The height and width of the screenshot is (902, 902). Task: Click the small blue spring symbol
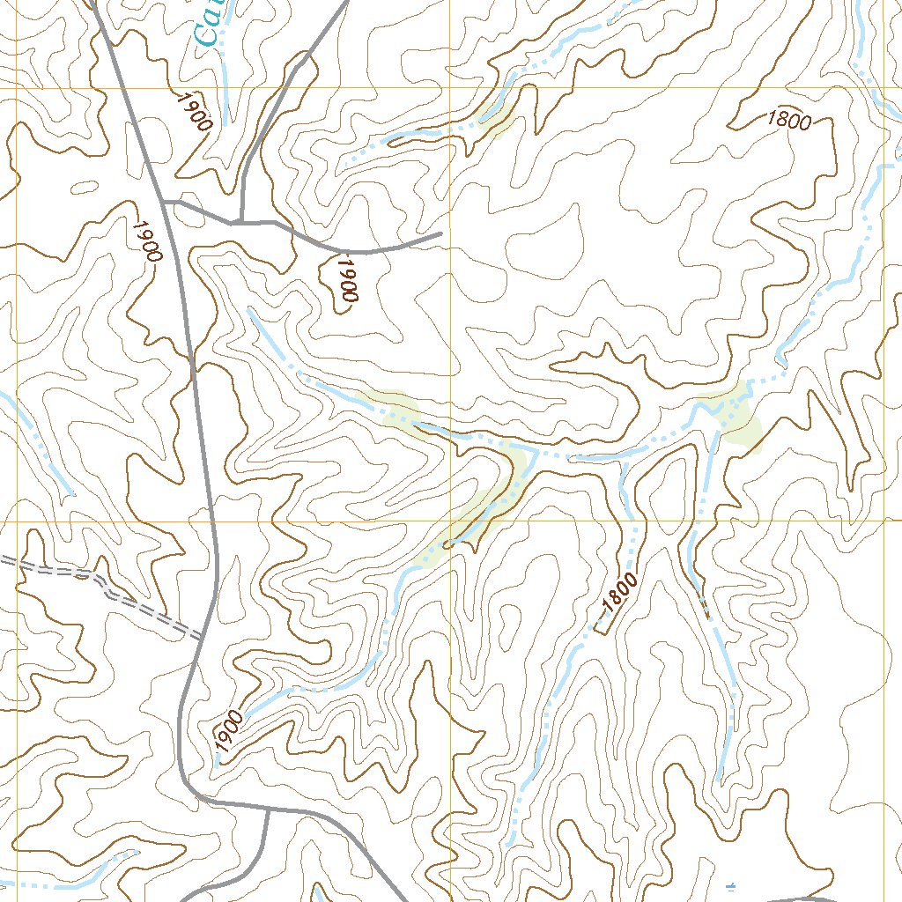click(x=730, y=885)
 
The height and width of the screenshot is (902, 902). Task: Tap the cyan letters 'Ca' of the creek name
click(x=209, y=26)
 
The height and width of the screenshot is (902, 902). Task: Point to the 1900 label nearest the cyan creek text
click(x=194, y=111)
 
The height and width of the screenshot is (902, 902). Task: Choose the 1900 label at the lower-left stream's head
click(x=227, y=730)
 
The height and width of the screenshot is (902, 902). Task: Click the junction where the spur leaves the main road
click(x=166, y=202)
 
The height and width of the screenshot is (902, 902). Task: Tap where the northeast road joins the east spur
click(x=240, y=222)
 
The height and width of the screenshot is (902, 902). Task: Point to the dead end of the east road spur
click(x=440, y=235)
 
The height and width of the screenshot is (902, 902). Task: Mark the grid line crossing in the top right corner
click(x=884, y=89)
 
